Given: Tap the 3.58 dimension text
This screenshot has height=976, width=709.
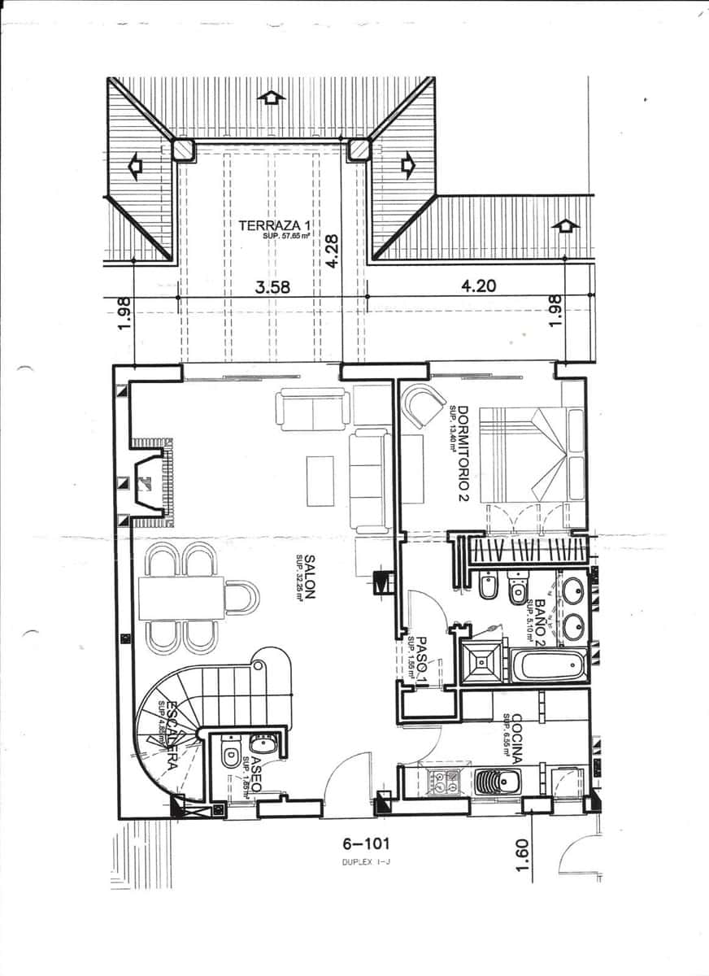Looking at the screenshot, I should click(272, 286).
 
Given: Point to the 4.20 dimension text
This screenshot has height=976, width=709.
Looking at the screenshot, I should click(478, 286).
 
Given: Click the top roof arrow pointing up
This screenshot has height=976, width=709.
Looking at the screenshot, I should click(271, 97).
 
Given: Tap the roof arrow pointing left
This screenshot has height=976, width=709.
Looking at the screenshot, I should click(135, 167).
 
